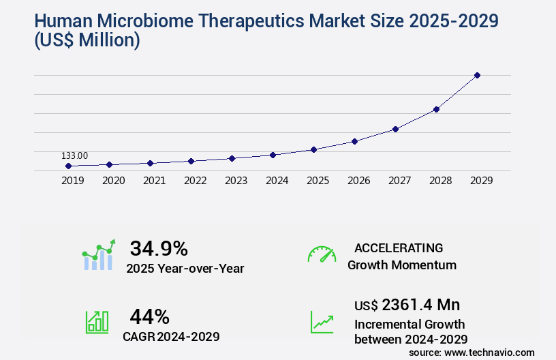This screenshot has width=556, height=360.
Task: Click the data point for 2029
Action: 477,75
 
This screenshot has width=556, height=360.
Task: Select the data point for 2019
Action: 68,166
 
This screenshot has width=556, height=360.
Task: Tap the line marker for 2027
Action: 395,129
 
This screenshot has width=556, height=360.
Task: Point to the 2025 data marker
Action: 313,149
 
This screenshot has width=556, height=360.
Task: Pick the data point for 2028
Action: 436,109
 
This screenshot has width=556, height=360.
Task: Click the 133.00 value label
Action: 74,155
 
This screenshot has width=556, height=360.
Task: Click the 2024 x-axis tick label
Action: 277,181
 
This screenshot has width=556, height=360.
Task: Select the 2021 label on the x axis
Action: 154,181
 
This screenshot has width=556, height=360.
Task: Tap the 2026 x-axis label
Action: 358,181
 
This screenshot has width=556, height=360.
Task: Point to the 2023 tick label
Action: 236,181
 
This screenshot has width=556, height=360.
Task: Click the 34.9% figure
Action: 159,248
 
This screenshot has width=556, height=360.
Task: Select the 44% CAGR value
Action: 149,316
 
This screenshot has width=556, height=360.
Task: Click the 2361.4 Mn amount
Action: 421,305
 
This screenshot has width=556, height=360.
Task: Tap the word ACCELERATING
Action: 399,248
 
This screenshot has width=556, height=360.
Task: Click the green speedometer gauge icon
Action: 322,254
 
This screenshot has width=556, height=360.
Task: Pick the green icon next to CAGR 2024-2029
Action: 97,322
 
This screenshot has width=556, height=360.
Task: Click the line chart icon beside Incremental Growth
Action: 322,322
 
